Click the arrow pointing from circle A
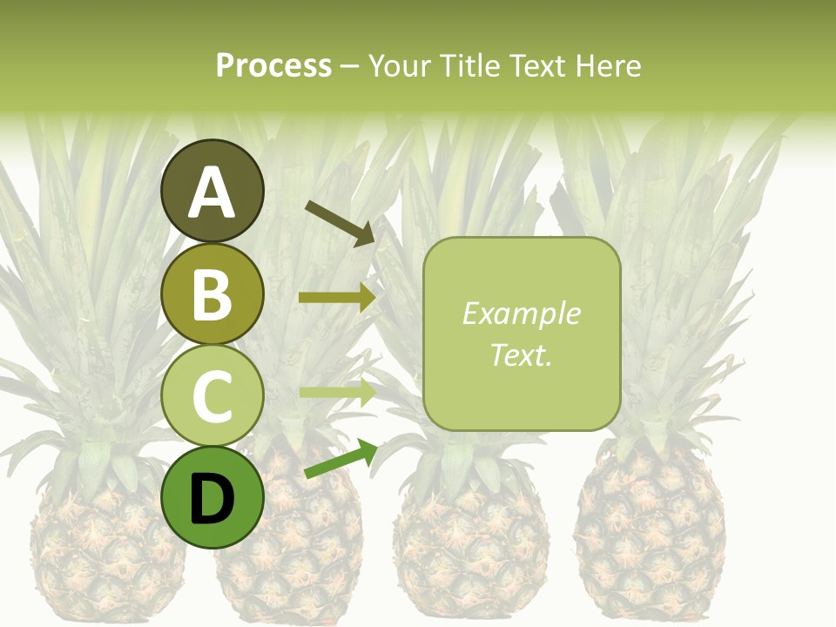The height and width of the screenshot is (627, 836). coord(340,222)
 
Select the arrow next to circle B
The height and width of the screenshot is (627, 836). coord(337,298)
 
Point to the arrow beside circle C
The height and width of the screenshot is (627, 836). coord(337,392)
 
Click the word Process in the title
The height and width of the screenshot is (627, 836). coord(273,66)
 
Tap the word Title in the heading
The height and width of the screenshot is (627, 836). coord(470,66)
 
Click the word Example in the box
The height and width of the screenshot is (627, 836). coord(521,313)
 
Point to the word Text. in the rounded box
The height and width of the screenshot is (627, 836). coord(521,355)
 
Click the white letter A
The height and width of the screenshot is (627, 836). coord(212,193)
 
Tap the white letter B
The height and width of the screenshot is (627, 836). coord(212,294)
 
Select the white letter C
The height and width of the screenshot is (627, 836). coord(212,396)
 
